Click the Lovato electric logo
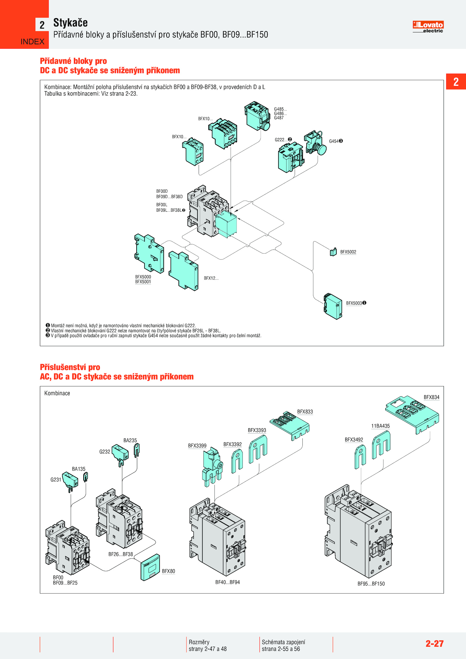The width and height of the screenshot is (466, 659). coord(428,27)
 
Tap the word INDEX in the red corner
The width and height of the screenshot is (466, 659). coord(32,42)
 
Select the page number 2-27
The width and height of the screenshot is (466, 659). coord(434,644)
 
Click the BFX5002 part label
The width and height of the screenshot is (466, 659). coord(348,252)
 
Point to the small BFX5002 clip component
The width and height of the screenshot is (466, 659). coord(333,252)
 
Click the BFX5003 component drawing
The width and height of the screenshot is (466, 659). coord(333,306)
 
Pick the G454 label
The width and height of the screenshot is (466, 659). coord(334,141)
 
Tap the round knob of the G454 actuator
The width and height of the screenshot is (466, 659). coord(322,149)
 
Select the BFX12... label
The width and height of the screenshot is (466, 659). coord(211,278)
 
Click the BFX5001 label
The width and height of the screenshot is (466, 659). coord(143,282)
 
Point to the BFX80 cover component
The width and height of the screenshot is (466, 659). coord(150,567)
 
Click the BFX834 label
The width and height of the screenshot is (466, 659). coord(431,397)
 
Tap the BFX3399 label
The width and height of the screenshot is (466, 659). coord(197,446)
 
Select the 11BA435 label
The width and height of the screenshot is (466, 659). coord(380,426)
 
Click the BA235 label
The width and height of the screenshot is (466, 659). coord(130,440)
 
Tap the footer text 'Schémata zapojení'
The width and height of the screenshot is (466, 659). coord(283,642)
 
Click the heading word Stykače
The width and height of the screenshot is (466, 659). coord(70,23)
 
